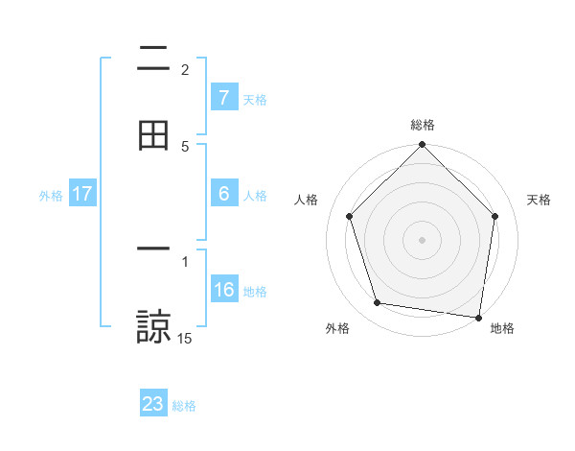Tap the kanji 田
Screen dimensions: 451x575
coord(153,134)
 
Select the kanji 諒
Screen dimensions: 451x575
coord(153,326)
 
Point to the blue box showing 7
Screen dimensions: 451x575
coord(223,97)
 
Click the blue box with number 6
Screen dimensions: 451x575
coord(223,194)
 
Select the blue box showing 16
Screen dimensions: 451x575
coord(224,290)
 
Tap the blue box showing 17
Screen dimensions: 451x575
coord(82,194)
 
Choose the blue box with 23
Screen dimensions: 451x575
coord(153,404)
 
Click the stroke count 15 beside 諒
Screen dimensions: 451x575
coord(185,338)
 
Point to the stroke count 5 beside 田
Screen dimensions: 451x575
coord(185,146)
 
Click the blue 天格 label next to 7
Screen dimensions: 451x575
coord(255,99)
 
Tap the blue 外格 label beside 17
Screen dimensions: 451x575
coord(51,195)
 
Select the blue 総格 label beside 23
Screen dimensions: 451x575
coord(185,405)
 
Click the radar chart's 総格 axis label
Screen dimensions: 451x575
coord(423,125)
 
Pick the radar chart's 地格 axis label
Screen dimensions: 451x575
coord(502,328)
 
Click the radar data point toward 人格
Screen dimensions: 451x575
coord(350,216)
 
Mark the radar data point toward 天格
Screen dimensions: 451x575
coord(494,216)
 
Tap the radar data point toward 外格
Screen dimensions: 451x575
coord(378,303)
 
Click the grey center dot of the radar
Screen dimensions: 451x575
coord(422,239)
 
